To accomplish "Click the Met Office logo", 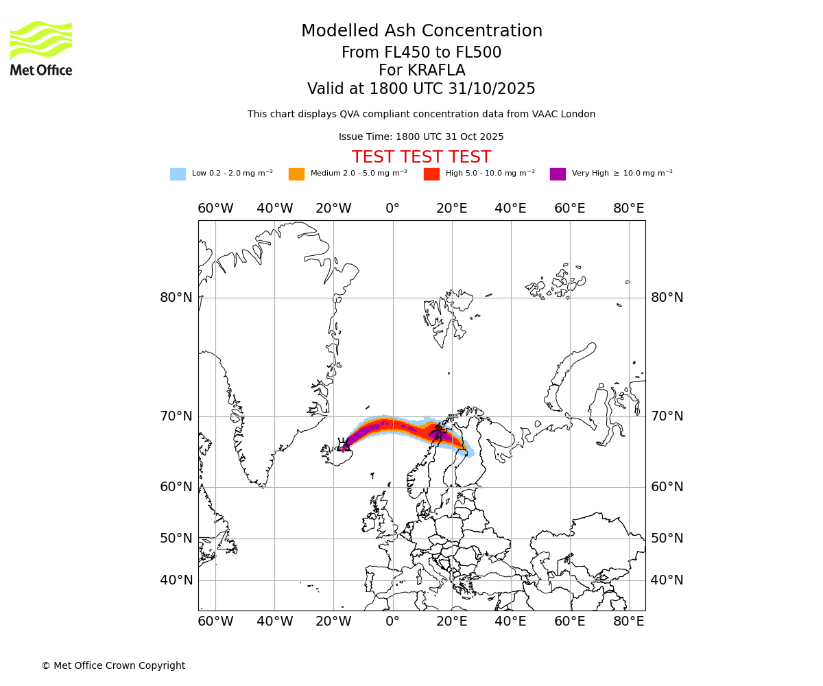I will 41,48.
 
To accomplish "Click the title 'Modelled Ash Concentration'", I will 421,32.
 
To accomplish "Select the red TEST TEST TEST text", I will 421,158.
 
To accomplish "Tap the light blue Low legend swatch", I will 178,174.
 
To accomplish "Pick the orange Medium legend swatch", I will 296,174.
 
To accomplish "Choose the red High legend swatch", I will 431,174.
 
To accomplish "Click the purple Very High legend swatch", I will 558,174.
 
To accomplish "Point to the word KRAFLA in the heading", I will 436,71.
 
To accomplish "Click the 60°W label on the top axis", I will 215,209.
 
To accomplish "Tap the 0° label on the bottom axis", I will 392,622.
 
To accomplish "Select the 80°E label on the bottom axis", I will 628,622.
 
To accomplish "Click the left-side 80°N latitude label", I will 176,298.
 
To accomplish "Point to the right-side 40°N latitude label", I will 667,580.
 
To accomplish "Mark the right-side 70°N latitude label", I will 667,416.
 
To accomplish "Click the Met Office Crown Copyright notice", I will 113,666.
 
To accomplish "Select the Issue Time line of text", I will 421,137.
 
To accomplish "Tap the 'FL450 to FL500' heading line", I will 421,53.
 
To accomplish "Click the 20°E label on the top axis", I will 451,209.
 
